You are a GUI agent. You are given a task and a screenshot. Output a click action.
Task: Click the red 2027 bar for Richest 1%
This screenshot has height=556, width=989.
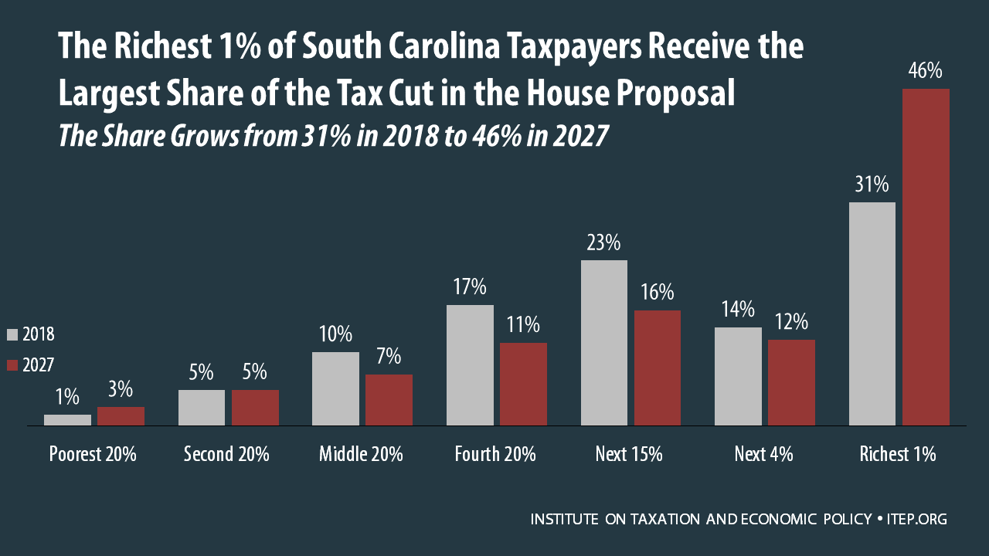[x=926, y=257]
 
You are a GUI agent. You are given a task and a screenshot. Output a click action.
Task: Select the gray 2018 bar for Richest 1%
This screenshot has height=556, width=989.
[x=872, y=314]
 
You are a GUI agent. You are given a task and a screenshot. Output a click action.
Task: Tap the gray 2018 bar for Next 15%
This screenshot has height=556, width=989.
[x=604, y=343]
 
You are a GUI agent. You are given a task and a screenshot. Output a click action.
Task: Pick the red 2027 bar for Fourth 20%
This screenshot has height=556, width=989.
[x=523, y=384]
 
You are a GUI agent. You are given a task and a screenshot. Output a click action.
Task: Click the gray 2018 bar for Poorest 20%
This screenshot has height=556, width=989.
[x=67, y=420]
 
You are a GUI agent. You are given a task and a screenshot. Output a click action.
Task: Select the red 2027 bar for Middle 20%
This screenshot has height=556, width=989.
[x=389, y=400]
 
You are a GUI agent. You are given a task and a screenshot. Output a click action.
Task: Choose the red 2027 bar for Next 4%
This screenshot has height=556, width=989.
[x=791, y=382]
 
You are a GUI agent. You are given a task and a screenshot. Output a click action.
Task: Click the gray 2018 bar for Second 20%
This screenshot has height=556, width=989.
[x=202, y=408]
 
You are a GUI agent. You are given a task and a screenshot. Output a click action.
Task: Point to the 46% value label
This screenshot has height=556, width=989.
[x=926, y=71]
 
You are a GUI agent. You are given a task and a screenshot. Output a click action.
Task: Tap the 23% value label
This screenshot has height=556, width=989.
[x=603, y=242]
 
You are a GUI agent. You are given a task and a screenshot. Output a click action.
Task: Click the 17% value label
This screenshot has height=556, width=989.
[x=470, y=287]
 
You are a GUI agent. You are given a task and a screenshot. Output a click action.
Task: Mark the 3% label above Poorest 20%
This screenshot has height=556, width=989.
[x=121, y=390]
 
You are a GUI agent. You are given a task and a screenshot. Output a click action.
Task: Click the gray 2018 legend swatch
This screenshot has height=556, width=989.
[x=12, y=334]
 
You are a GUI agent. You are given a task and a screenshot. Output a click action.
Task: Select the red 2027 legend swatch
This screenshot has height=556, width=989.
[x=12, y=365]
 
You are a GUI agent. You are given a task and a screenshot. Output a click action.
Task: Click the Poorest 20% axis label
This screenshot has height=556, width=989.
[x=93, y=454]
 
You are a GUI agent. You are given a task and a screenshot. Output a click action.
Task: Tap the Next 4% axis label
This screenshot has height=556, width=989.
[x=763, y=454]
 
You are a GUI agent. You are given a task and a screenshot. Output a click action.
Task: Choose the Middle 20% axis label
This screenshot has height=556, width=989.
[x=361, y=454]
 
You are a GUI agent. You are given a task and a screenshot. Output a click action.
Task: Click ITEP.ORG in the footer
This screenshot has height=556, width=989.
[x=916, y=520]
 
